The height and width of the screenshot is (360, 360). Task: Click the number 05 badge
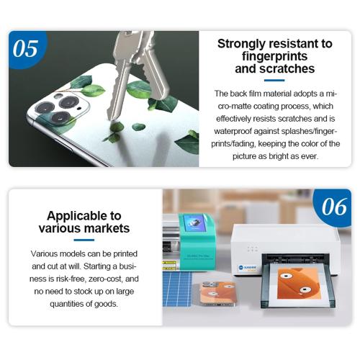tap(26, 49)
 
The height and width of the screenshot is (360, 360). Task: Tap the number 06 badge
tap(333, 207)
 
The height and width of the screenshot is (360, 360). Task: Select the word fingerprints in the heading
tap(274, 56)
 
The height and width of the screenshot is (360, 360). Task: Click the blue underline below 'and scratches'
tap(274, 81)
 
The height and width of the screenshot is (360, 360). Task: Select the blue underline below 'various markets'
tap(84, 240)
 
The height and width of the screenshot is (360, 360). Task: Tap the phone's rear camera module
tap(60, 107)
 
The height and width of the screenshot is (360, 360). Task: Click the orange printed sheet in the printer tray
tap(300, 284)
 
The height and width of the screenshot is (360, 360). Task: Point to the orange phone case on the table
tap(217, 294)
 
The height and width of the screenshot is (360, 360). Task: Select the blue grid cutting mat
tap(177, 289)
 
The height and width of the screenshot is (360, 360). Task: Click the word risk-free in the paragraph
tap(71, 279)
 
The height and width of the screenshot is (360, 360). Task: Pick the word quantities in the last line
tap(66, 304)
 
